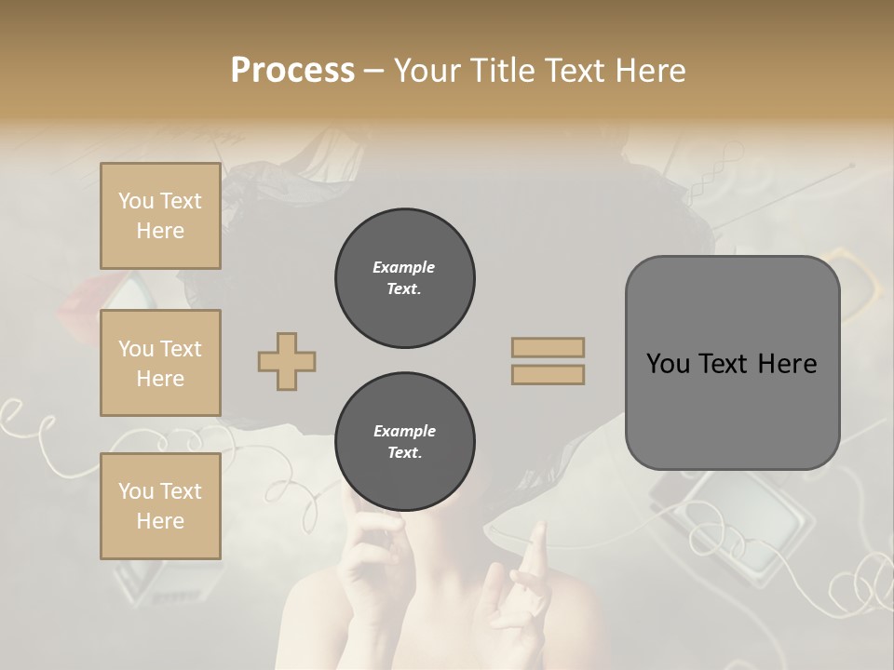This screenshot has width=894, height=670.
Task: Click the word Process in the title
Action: [x=292, y=71]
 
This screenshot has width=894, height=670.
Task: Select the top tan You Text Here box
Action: [x=160, y=216]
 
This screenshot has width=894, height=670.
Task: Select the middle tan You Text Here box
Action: [x=160, y=363]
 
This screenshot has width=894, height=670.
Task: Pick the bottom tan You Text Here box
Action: [x=160, y=506]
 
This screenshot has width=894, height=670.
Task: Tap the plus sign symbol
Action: [x=287, y=361]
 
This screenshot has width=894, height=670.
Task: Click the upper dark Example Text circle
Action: [x=404, y=278]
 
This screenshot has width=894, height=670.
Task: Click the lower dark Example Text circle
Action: [x=404, y=442]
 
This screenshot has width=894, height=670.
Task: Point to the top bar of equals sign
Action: [x=548, y=347]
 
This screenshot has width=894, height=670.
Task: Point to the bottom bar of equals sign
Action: [x=548, y=374]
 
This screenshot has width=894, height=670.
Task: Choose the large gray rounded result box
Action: [x=732, y=363]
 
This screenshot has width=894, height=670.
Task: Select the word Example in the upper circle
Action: [x=404, y=267]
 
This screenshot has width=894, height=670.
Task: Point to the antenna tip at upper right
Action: [x=851, y=165]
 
